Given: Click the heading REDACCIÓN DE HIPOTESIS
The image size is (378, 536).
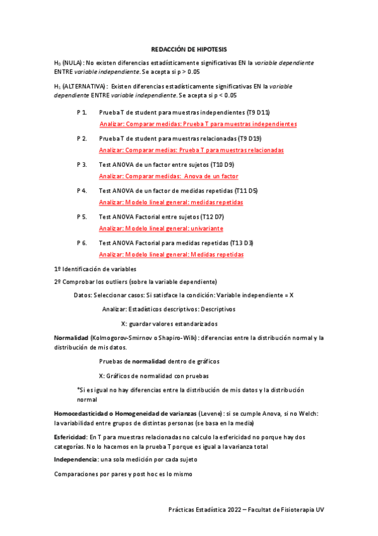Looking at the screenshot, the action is tap(189, 49).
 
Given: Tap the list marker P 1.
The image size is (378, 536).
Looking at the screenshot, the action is tap(81, 112).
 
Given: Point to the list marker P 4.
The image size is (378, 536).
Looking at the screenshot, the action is tap(81, 190).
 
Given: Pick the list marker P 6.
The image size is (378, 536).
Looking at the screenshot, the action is tap(81, 243).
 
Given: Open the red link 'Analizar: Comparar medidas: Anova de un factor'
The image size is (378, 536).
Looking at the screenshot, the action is tap(168, 176).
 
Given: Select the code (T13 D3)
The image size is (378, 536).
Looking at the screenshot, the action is tap(239, 243).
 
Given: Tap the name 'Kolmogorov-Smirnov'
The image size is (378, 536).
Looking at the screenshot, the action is tap(121, 338).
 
